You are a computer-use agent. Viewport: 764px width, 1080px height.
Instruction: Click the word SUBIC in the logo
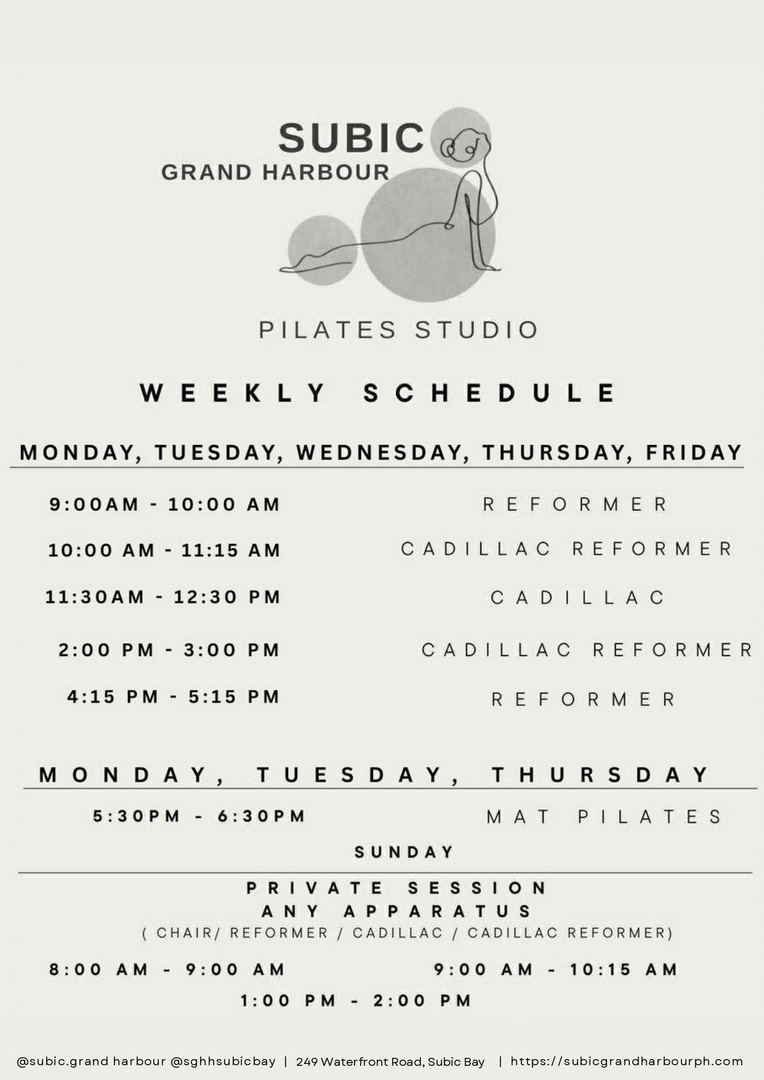[x=351, y=137]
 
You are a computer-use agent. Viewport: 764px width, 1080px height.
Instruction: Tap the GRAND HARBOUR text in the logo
[x=275, y=172]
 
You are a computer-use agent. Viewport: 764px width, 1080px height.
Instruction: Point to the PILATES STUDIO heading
[x=398, y=330]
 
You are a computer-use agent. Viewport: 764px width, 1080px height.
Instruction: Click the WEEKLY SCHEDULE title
[x=377, y=393]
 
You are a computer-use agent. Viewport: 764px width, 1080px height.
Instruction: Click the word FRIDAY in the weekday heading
[x=694, y=452]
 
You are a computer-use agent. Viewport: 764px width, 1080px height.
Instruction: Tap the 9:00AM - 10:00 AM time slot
[x=165, y=505]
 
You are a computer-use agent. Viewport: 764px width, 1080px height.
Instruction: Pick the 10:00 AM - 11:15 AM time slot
[x=164, y=550]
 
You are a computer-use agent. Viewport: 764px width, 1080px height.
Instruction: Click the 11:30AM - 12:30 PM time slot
[x=163, y=597]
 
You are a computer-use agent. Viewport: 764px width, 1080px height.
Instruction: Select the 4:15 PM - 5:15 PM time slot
[x=174, y=697]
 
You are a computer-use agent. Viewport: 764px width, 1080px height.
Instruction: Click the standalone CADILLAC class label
[x=577, y=598]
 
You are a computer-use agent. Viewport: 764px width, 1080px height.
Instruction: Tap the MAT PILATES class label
[x=604, y=817]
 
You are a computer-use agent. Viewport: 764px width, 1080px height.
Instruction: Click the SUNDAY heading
[x=404, y=852]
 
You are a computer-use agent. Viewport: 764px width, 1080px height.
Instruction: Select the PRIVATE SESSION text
[x=396, y=888]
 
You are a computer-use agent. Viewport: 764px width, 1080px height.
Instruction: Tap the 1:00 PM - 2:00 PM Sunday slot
[x=356, y=1001]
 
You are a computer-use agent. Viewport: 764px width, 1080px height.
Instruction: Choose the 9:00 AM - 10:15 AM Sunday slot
[x=555, y=970]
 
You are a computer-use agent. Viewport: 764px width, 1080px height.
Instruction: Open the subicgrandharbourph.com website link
[x=627, y=1062]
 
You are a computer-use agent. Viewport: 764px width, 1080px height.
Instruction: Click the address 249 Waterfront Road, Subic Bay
[x=390, y=1062]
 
